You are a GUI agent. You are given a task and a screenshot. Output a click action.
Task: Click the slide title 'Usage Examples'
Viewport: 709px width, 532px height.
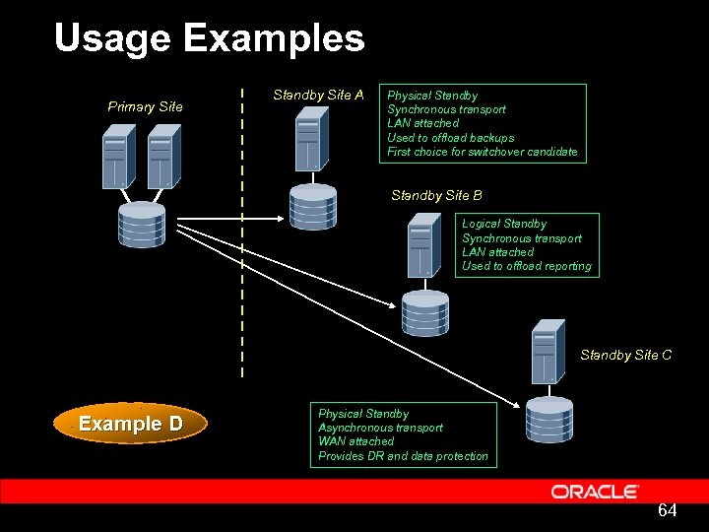[209, 39]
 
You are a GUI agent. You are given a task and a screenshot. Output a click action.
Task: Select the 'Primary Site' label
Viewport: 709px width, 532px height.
[145, 106]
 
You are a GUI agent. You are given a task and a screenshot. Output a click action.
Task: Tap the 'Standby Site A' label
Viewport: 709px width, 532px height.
[318, 96]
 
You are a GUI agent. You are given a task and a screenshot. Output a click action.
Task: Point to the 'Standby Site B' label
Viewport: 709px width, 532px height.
[436, 195]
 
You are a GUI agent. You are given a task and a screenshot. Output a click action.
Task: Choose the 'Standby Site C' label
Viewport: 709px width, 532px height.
[625, 355]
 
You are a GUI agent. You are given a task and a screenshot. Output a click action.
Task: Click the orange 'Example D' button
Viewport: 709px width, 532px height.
[131, 424]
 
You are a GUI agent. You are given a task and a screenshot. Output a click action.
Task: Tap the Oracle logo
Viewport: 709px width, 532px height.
[595, 492]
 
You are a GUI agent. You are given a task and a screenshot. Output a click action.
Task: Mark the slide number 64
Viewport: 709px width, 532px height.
[667, 510]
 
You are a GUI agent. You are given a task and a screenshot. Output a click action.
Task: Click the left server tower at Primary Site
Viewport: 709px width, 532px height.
[116, 158]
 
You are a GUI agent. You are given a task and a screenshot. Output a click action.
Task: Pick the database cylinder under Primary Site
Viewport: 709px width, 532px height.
[142, 225]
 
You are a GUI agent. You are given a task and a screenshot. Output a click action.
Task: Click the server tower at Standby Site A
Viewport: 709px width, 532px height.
[311, 140]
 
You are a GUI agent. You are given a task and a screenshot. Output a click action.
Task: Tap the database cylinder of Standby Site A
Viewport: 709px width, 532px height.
[312, 206]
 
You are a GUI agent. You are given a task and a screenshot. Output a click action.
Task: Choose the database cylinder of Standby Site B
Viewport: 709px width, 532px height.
[424, 314]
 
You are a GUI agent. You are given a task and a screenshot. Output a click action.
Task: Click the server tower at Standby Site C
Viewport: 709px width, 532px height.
[547, 352]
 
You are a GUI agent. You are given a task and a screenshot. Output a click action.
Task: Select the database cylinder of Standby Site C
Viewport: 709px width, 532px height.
[548, 419]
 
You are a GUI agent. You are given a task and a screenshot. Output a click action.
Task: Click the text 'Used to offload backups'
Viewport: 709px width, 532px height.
[450, 138]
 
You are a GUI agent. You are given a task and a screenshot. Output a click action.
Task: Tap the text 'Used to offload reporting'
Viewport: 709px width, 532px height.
[527, 266]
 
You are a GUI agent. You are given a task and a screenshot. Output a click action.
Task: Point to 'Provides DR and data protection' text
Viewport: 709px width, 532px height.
[403, 456]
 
